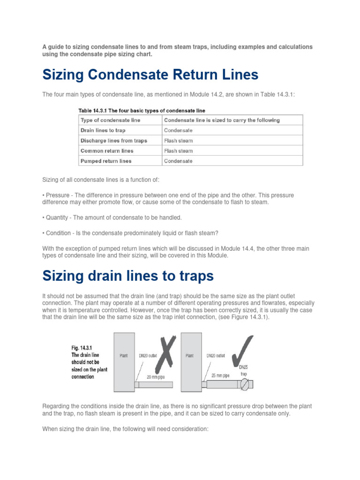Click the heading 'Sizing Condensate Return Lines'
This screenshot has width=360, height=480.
pyautogui.click(x=150, y=75)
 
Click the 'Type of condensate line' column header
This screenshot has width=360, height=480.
pyautogui.click(x=110, y=120)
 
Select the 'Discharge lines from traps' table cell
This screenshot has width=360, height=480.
pyautogui.click(x=113, y=141)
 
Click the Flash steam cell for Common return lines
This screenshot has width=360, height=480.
pyautogui.click(x=178, y=151)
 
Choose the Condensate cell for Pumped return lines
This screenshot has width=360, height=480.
pyautogui.click(x=178, y=161)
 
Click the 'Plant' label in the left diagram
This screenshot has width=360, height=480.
pyautogui.click(x=123, y=355)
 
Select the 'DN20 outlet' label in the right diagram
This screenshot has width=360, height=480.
pyautogui.click(x=216, y=355)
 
